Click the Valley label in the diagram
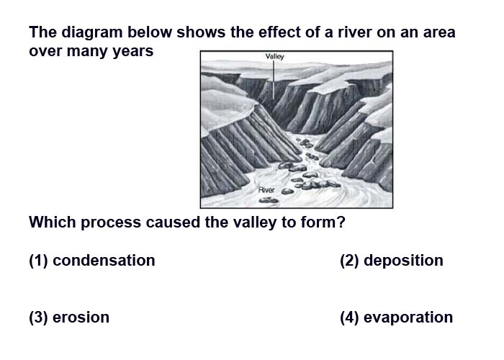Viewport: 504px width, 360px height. (274, 57)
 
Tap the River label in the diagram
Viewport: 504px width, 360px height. (266, 190)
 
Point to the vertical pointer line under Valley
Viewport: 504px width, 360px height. (274, 80)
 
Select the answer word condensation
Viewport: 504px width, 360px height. (104, 261)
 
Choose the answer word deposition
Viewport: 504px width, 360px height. (403, 261)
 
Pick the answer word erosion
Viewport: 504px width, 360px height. (81, 318)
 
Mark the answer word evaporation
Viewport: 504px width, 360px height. (408, 318)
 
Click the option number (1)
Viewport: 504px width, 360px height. (38, 261)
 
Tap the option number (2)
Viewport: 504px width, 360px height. (349, 261)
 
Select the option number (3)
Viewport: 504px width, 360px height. (38, 318)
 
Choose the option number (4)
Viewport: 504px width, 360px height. (349, 318)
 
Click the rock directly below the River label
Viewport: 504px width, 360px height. (269, 200)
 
